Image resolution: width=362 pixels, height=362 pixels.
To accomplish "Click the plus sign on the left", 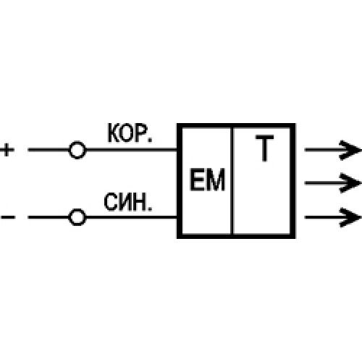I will tap(7, 151).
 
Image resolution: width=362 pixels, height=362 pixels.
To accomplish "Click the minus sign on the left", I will tap(7, 216).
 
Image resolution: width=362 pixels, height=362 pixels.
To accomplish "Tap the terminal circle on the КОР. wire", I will tap(77, 151).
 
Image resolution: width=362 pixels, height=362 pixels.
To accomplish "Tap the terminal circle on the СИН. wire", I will tap(77, 216).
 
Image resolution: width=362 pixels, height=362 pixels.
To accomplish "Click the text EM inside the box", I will tap(207, 180).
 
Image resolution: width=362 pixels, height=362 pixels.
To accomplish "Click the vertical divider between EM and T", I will tap(232, 181).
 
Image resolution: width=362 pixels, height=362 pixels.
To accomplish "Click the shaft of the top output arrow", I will tap(322, 151).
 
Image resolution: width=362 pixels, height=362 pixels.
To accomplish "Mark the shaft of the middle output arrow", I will tap(322, 181).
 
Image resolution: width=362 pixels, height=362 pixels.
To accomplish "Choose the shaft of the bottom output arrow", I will tap(322, 216).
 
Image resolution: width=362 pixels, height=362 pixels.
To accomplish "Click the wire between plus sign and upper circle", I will tap(48, 151).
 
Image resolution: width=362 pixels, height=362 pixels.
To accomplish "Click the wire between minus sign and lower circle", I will tap(48, 216).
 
